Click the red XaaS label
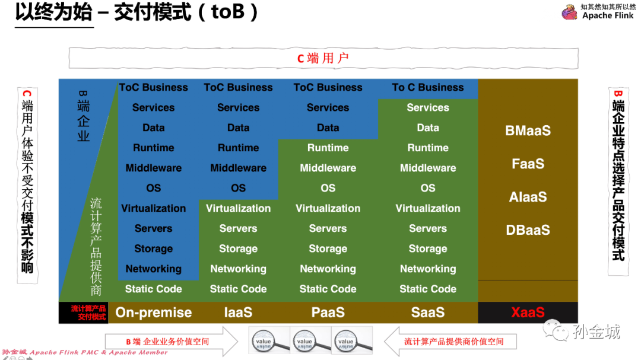pyautogui.click(x=528, y=312)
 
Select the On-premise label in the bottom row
pyautogui.click(x=153, y=313)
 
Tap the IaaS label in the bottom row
pyautogui.click(x=238, y=313)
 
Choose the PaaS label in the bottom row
pyautogui.click(x=328, y=313)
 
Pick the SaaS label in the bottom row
pyautogui.click(x=428, y=313)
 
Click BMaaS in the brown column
pyautogui.click(x=528, y=130)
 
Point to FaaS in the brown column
pyautogui.click(x=528, y=164)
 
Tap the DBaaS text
pyautogui.click(x=528, y=230)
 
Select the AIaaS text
pyautogui.click(x=528, y=197)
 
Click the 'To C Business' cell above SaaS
pyautogui.click(x=428, y=87)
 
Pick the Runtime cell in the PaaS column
pyautogui.click(x=328, y=148)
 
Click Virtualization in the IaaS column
pyautogui.click(x=238, y=208)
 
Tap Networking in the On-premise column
pyautogui.click(x=153, y=269)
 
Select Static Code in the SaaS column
pyautogui.click(x=428, y=289)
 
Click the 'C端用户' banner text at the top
pyautogui.click(x=323, y=58)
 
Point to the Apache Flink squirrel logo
pyautogui.click(x=570, y=12)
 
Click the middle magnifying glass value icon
pyautogui.click(x=304, y=340)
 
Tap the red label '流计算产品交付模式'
pyautogui.click(x=88, y=313)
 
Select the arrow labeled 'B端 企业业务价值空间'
pyautogui.click(x=169, y=342)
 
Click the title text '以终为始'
pyautogui.click(x=53, y=13)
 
